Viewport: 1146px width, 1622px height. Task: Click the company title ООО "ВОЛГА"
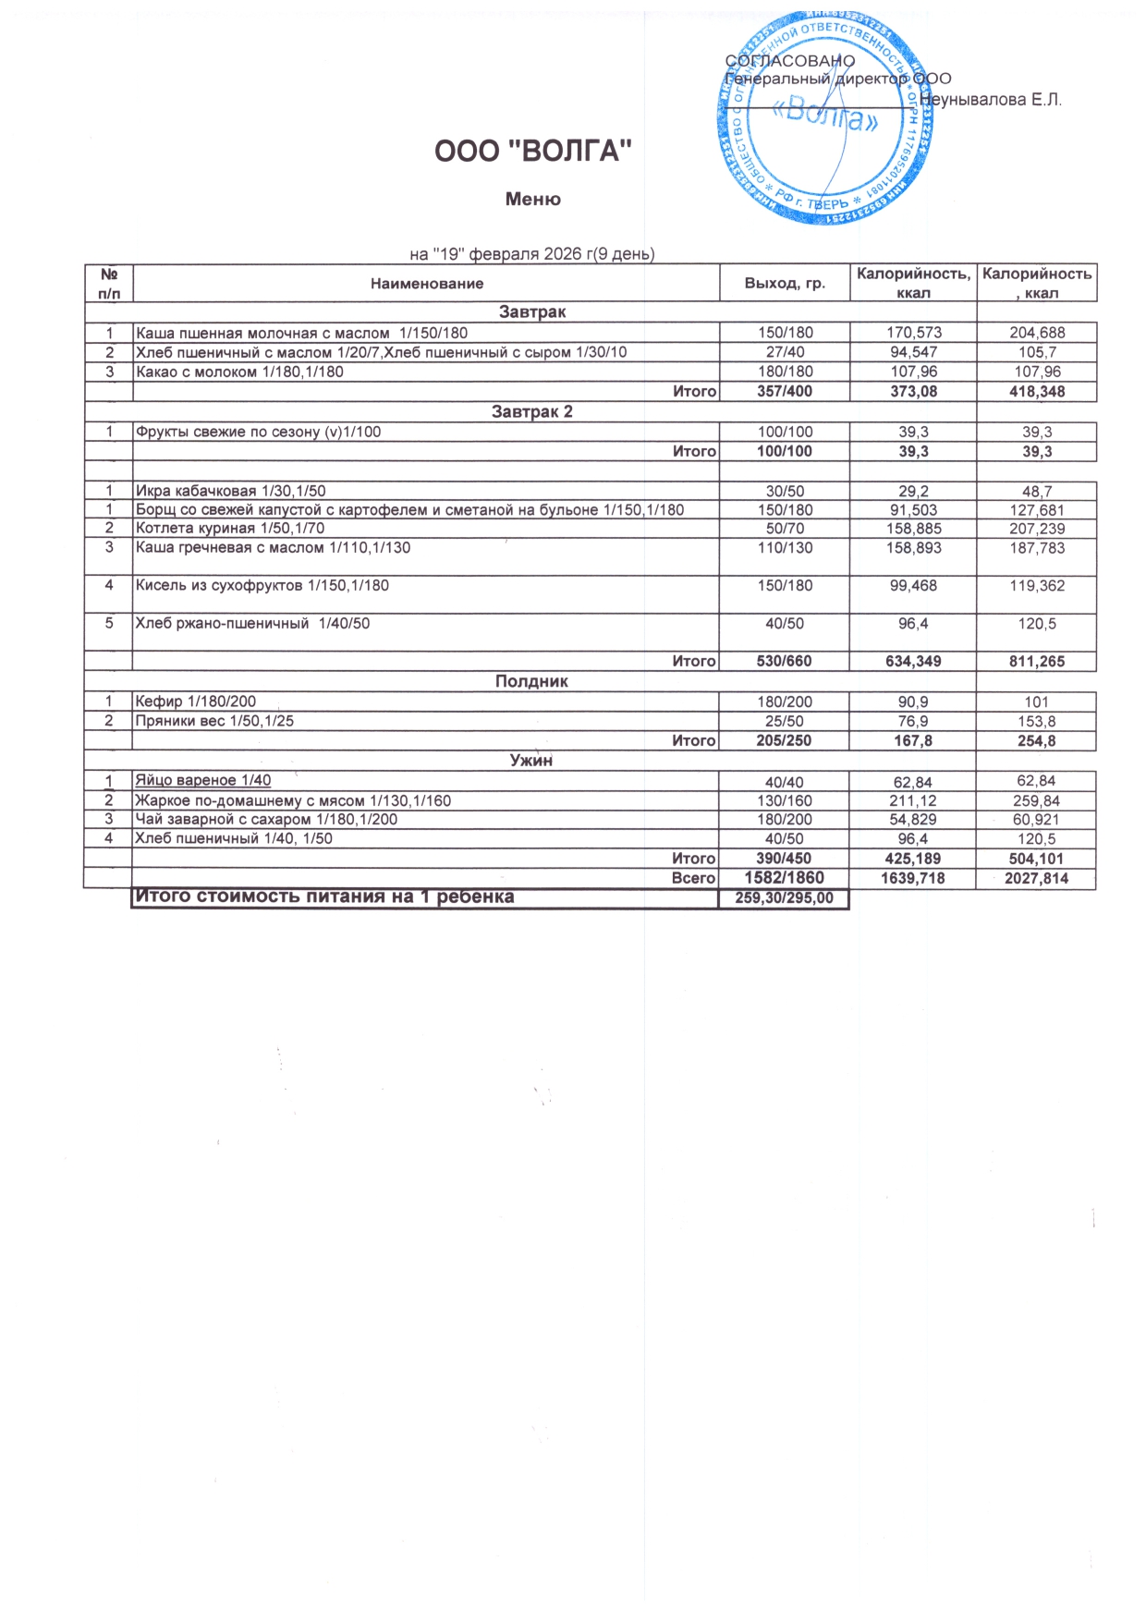pyautogui.click(x=533, y=152)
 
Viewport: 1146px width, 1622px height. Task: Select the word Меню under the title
pyautogui.click(x=533, y=200)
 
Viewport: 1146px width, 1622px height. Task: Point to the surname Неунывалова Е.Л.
pyautogui.click(x=991, y=99)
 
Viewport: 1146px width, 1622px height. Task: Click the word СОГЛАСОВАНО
pyautogui.click(x=791, y=61)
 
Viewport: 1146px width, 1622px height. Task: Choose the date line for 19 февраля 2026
pyautogui.click(x=531, y=254)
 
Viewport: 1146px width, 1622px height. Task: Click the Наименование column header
pyautogui.click(x=427, y=284)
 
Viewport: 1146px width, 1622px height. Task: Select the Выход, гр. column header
pyautogui.click(x=785, y=284)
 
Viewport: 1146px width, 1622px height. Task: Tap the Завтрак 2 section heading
pyautogui.click(x=531, y=412)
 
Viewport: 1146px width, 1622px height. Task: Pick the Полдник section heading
pyautogui.click(x=531, y=681)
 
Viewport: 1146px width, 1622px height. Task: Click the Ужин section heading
pyautogui.click(x=531, y=761)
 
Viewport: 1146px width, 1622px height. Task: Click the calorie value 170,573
pyautogui.click(x=913, y=333)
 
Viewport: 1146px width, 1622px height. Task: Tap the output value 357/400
pyautogui.click(x=785, y=392)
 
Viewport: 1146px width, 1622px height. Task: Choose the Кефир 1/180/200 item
pyautogui.click(x=196, y=701)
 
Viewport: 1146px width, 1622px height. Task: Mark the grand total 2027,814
pyautogui.click(x=1036, y=879)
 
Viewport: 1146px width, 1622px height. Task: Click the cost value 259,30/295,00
pyautogui.click(x=784, y=898)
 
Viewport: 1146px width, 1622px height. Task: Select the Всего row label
pyautogui.click(x=693, y=879)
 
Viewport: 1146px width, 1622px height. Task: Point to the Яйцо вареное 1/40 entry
pyautogui.click(x=203, y=781)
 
